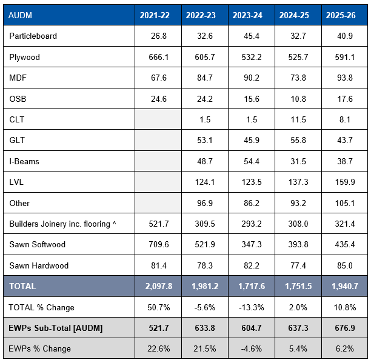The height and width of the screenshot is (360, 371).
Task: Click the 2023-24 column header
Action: (247, 15)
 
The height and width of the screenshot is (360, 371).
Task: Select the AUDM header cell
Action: (20, 15)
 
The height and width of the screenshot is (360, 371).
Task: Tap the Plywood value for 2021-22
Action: (159, 57)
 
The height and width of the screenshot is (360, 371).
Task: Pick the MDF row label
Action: (18, 78)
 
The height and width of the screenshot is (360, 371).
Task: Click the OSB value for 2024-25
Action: (298, 99)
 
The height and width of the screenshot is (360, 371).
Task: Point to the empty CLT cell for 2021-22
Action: (158, 119)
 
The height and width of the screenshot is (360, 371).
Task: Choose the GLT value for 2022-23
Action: (205, 140)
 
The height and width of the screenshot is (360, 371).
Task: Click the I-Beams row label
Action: (24, 161)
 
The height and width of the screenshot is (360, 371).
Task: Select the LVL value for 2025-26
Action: (345, 182)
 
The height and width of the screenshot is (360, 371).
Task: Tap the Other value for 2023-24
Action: (252, 203)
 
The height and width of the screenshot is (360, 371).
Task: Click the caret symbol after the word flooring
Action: (115, 222)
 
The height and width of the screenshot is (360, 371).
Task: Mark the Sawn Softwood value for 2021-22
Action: (159, 244)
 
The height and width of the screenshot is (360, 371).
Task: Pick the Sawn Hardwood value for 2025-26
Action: (345, 265)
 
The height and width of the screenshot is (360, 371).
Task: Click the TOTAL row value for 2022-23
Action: (205, 286)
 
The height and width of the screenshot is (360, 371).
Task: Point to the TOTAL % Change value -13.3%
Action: (252, 307)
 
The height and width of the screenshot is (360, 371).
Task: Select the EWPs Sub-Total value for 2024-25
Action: (298, 328)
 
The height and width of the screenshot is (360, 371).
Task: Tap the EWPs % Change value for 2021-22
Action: (159, 348)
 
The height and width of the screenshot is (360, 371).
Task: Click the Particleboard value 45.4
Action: (252, 36)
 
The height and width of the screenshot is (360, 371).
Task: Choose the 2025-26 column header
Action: (341, 15)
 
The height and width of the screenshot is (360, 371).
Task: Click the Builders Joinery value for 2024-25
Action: (298, 224)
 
